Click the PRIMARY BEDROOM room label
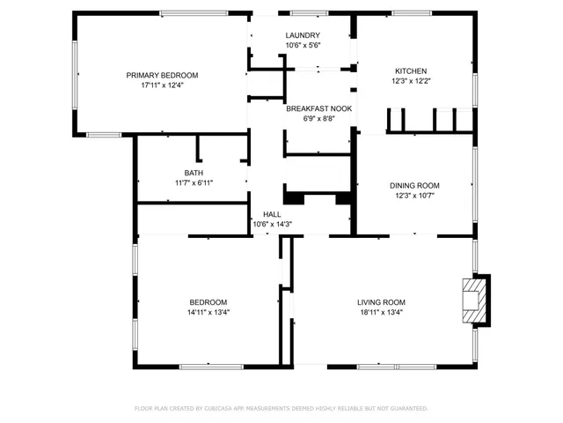tap(162, 75)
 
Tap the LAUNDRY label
tap(303, 35)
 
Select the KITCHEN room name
tap(411, 70)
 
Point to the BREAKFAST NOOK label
tap(318, 108)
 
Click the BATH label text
tap(194, 173)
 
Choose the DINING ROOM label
tap(414, 185)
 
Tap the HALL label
tap(272, 214)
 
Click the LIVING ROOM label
tap(381, 301)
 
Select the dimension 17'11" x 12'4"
tap(162, 85)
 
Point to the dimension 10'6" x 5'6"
tap(303, 46)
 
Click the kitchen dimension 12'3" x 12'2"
tap(411, 81)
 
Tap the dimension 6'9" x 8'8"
tap(318, 119)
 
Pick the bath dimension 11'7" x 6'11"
tap(194, 182)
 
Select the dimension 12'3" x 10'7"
tap(414, 196)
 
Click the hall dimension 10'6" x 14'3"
tap(272, 224)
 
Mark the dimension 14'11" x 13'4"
tap(208, 312)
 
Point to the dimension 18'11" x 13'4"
tap(381, 312)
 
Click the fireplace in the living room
tap(475, 300)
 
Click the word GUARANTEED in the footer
tap(406, 409)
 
